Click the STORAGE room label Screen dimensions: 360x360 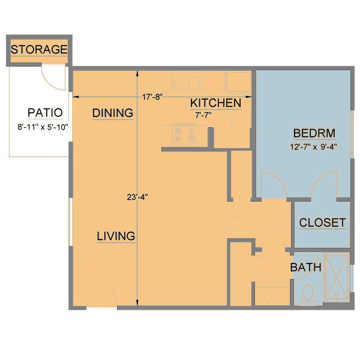39,50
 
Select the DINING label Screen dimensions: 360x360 112,113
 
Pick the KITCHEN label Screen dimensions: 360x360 215,103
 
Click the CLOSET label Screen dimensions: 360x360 322,223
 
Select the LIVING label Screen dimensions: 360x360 116,236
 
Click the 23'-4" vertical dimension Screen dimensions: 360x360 137,196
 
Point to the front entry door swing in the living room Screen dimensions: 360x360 100,291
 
